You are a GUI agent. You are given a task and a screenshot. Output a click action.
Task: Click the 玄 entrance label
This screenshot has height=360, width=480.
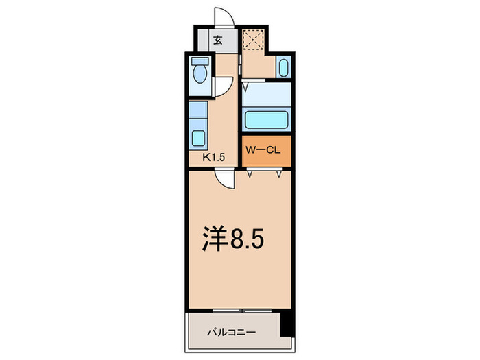(x=217, y=40)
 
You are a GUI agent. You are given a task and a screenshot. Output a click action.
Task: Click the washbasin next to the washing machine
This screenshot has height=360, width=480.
(x=284, y=68)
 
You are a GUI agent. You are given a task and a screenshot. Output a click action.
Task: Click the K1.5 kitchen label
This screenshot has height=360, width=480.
(x=213, y=157)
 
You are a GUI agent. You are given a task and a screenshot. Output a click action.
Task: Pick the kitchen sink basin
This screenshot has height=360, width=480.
(x=198, y=138)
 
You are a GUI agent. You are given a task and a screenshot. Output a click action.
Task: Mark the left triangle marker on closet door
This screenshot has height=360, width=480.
(x=251, y=175)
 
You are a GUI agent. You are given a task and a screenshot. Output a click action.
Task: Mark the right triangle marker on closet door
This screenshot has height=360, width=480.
(x=279, y=175)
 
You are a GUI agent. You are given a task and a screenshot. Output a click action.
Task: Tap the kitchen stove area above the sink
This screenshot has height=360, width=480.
(x=198, y=110)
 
